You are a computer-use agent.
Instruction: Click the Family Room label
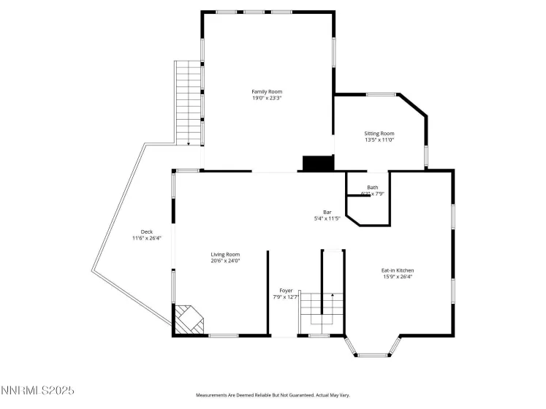coord(267,91)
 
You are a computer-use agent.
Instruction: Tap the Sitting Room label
coord(379,134)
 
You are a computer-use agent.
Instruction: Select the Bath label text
coord(373,187)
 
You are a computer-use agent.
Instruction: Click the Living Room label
coord(225,254)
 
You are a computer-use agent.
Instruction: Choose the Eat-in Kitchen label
coord(398,270)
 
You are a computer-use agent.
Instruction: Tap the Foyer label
coord(286,290)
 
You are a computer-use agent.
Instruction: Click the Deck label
coord(146,232)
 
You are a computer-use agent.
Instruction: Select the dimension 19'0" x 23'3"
coord(267,98)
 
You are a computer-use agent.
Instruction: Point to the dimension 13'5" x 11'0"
coord(379,140)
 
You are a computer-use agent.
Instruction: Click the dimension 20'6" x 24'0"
coord(225,261)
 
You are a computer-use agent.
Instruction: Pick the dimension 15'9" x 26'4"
coord(398,277)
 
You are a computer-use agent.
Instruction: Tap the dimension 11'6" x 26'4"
coord(146,238)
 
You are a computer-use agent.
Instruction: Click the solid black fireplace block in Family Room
coord(318,164)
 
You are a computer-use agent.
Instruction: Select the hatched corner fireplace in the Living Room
coord(189,319)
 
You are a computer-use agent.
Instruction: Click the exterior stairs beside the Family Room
coord(188,102)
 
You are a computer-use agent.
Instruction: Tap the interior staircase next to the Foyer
coord(322,307)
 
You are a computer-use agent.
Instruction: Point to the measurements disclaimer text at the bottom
coord(272,395)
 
